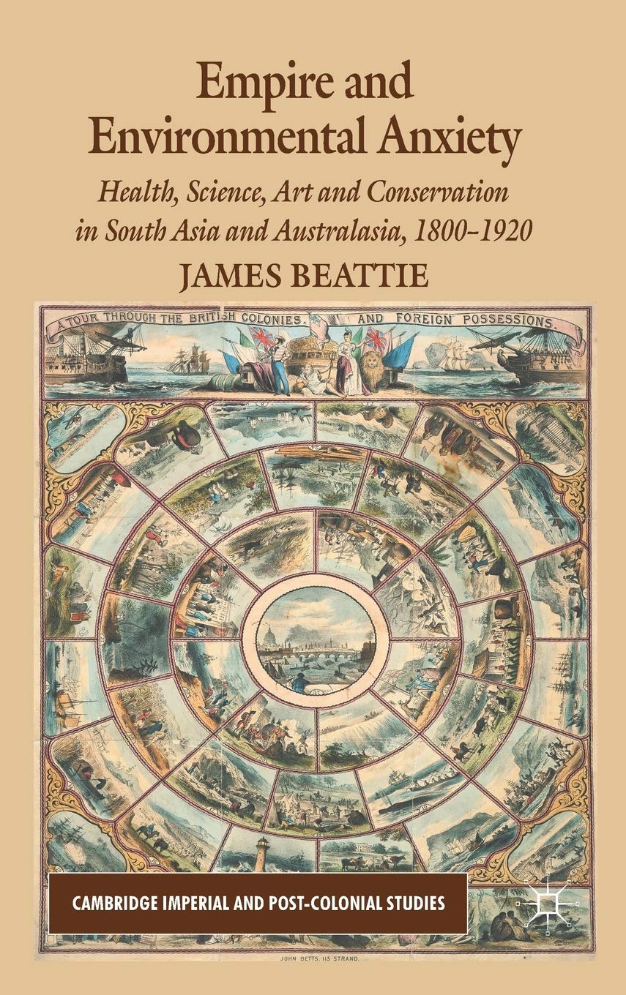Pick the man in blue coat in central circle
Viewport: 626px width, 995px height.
tap(299, 684)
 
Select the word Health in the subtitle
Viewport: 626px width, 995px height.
tap(133, 193)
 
